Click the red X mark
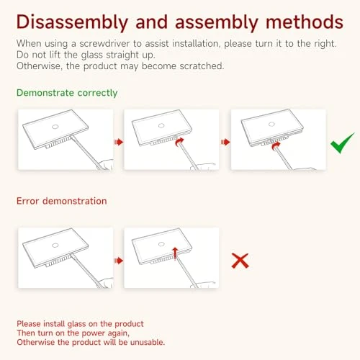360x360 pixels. pyautogui.click(x=240, y=261)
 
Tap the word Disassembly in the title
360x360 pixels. pyautogui.click(x=72, y=22)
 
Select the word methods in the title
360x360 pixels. pyautogui.click(x=305, y=22)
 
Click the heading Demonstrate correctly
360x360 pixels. pyautogui.click(x=67, y=93)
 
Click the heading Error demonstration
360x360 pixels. pyautogui.click(x=62, y=201)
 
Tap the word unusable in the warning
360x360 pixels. pyautogui.click(x=148, y=342)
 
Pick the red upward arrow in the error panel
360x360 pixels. pyautogui.click(x=175, y=253)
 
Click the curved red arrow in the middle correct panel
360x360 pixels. pyautogui.click(x=179, y=142)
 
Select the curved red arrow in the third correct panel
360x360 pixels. pyautogui.click(x=276, y=145)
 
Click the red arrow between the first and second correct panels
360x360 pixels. pyautogui.click(x=119, y=142)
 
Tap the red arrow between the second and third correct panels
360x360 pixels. pyautogui.click(x=225, y=142)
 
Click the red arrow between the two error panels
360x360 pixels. pyautogui.click(x=119, y=261)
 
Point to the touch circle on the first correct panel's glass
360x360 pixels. pyautogui.click(x=55, y=127)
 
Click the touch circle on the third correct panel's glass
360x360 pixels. pyautogui.click(x=271, y=124)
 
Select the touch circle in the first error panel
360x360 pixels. pyautogui.click(x=55, y=245)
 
